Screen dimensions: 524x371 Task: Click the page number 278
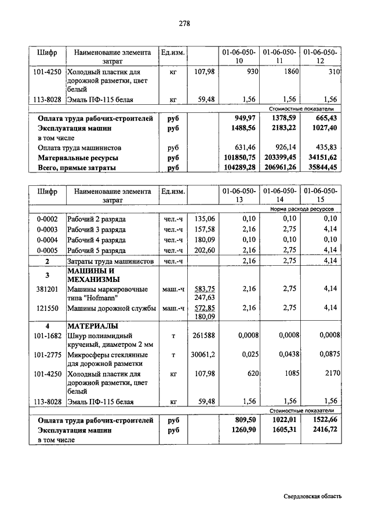[185, 23]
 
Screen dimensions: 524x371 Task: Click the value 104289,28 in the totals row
[239, 167]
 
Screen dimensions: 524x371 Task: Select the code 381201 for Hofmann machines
[47, 288]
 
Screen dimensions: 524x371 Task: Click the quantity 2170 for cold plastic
[329, 374]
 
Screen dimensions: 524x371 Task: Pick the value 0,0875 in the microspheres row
[323, 354]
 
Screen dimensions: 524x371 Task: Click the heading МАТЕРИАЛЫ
[93, 326]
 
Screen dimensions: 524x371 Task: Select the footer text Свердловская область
[313, 496]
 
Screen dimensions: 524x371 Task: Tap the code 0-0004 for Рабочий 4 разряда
[47, 240]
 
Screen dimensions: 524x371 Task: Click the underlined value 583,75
[204, 288]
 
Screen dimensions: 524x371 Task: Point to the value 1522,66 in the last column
[322, 420]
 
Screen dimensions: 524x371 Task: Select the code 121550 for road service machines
[47, 308]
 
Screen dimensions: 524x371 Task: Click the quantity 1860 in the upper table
[288, 71]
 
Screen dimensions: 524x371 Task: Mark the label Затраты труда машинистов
[110, 262]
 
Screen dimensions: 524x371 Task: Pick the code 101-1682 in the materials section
[47, 335]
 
